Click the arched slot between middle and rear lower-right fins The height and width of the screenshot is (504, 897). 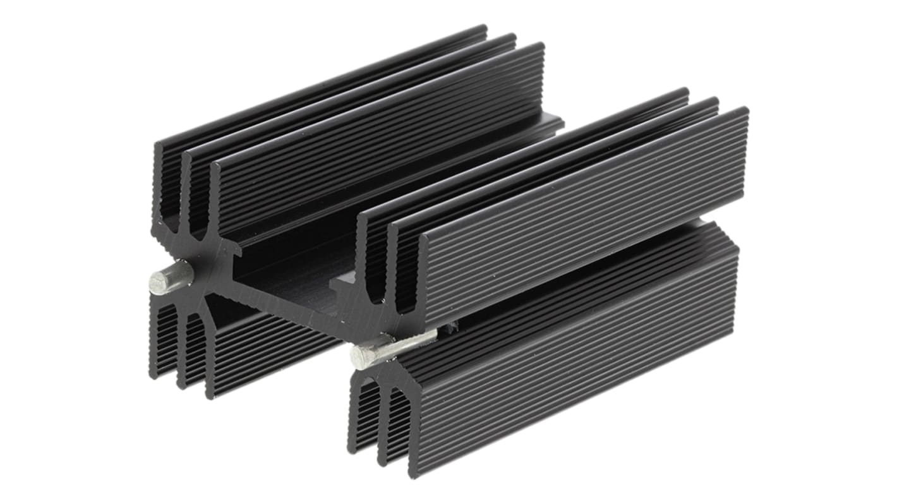(x=366, y=411)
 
